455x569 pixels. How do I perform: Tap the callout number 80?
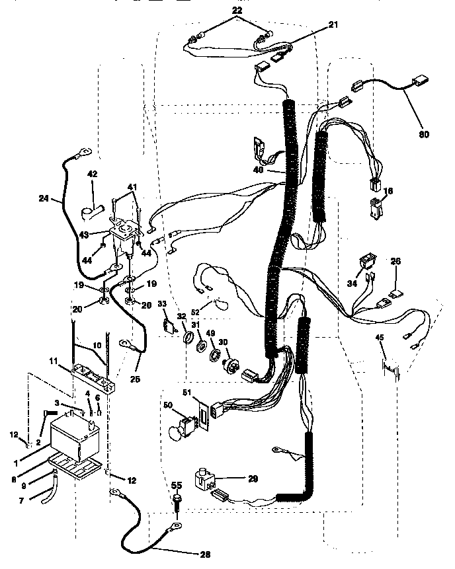[x=424, y=134]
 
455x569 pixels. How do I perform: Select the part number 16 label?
[x=388, y=190]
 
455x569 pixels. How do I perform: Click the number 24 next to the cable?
[x=43, y=197]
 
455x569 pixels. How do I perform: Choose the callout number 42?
[x=92, y=174]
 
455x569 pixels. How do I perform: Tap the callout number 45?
[x=379, y=338]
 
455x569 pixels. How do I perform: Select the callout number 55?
[x=177, y=484]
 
